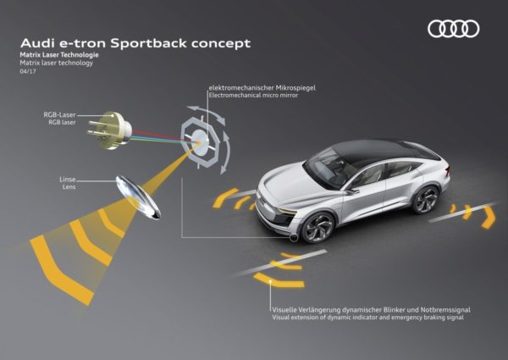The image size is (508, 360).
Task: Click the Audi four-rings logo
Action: pyautogui.click(x=453, y=29)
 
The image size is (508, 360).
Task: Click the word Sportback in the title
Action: pyautogui.click(x=148, y=43)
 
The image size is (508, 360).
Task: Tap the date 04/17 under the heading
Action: pyautogui.click(x=28, y=71)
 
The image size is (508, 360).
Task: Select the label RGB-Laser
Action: pyautogui.click(x=59, y=114)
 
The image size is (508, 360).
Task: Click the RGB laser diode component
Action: pyautogui.click(x=109, y=130)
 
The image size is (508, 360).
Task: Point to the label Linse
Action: pyautogui.click(x=68, y=180)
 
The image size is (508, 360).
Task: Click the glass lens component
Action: pyautogui.click(x=138, y=197)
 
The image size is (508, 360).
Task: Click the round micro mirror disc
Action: pyautogui.click(x=200, y=142)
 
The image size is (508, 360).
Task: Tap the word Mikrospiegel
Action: pyautogui.click(x=295, y=88)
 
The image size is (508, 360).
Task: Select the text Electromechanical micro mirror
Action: pyautogui.click(x=253, y=95)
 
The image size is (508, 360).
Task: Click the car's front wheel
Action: pyautogui.click(x=317, y=227)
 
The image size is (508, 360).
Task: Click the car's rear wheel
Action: pyautogui.click(x=425, y=200)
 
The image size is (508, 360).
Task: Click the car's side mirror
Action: pyautogui.click(x=352, y=191)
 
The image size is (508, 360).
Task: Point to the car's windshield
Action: pyautogui.click(x=326, y=171)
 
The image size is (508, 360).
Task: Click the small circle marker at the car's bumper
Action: pyautogui.click(x=294, y=237)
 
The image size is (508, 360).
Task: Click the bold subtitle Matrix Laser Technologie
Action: pyautogui.click(x=59, y=55)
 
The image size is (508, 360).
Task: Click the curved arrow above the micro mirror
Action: pyautogui.click(x=207, y=114)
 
